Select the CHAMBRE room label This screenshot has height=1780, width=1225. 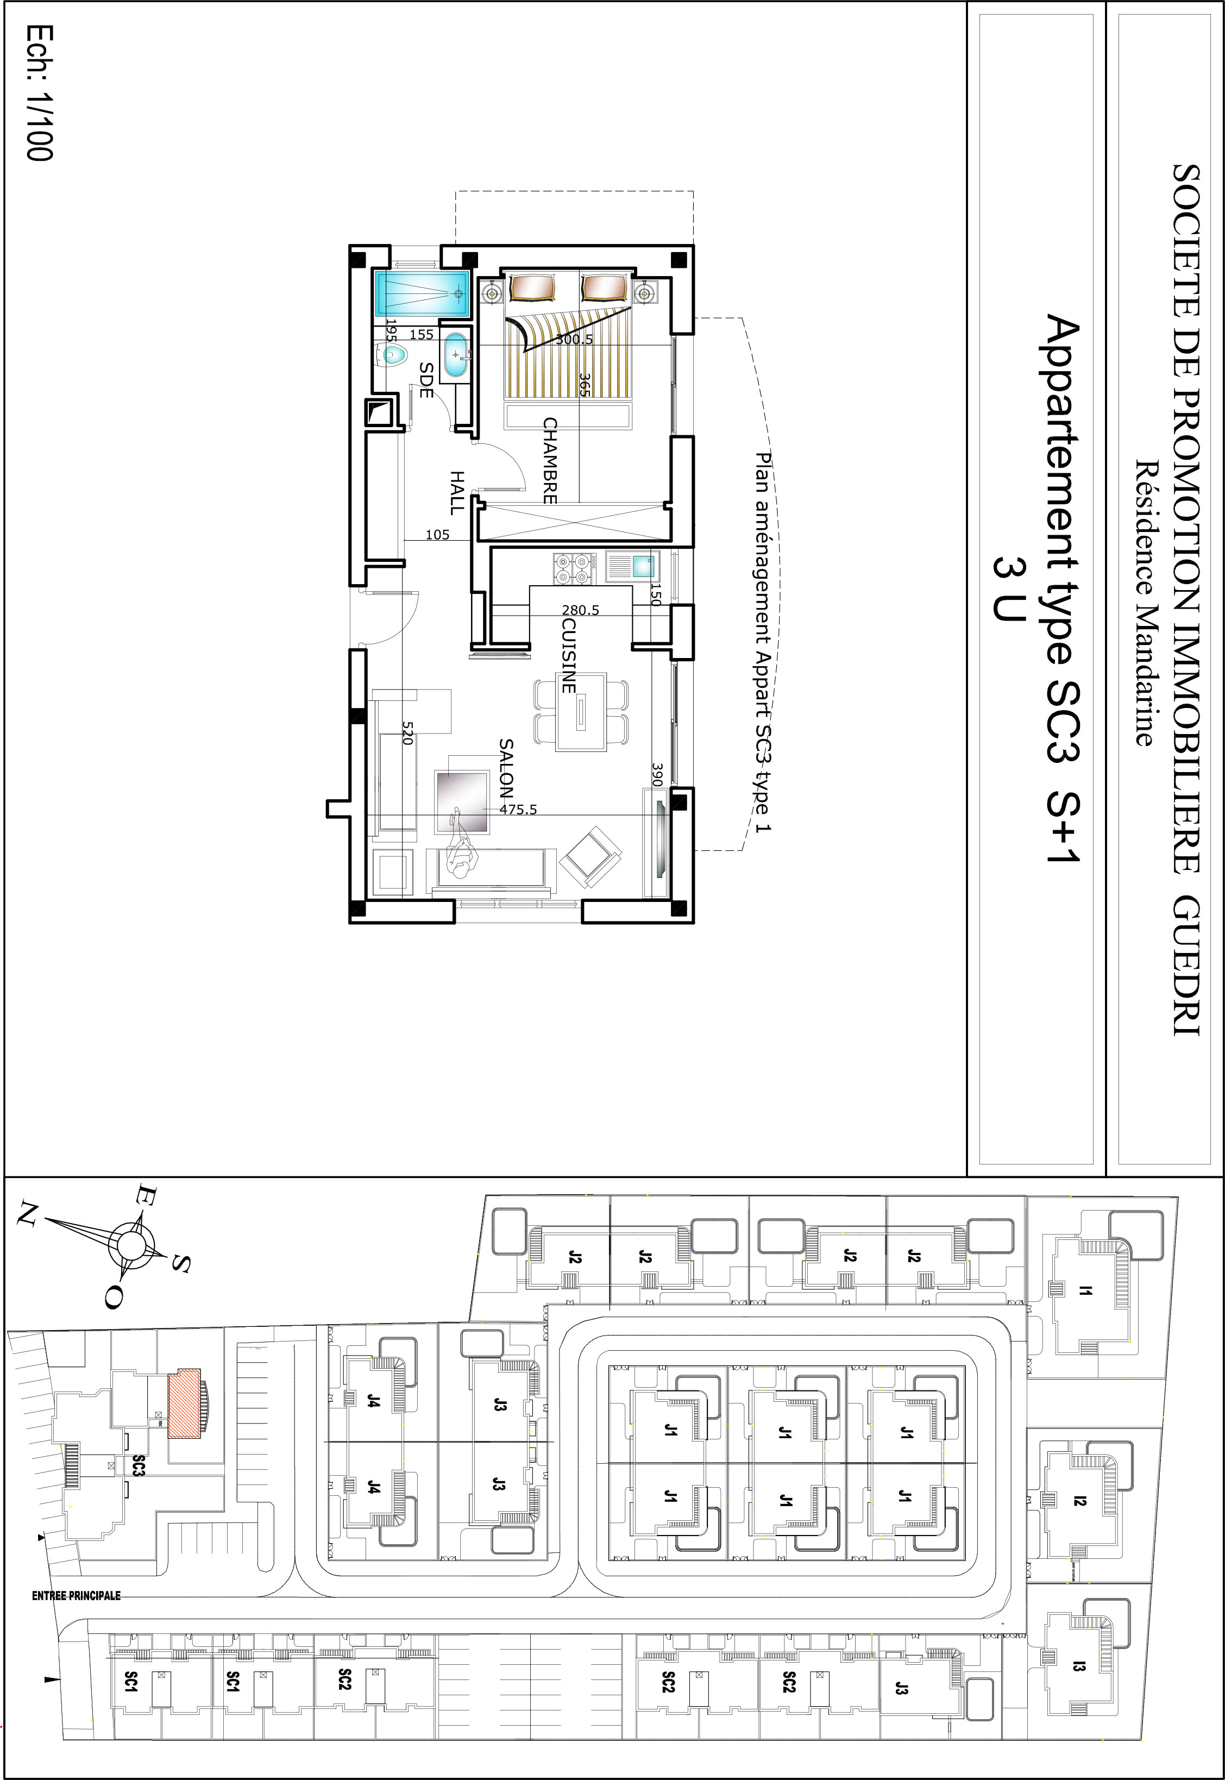550,461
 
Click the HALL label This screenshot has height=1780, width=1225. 457,493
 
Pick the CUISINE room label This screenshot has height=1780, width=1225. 569,655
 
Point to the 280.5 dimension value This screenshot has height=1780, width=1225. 580,610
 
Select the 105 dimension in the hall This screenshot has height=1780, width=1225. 437,535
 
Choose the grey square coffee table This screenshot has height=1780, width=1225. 462,801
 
